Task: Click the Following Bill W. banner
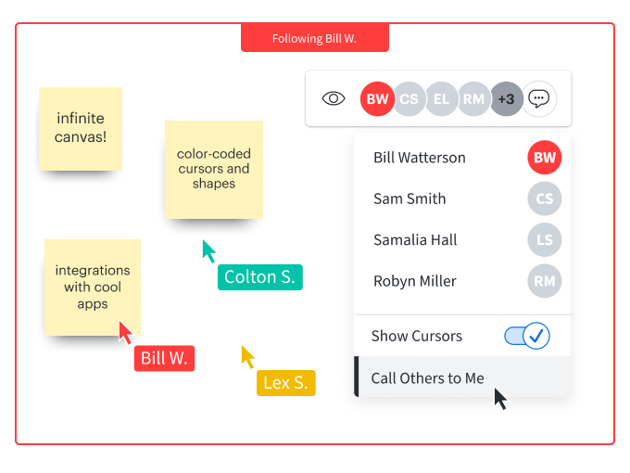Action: [314, 39]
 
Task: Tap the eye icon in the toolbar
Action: [334, 98]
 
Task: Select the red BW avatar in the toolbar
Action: [377, 98]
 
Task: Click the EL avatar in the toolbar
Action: [442, 98]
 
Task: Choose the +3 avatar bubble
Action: [506, 98]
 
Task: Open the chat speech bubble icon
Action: [539, 98]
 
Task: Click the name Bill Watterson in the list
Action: [420, 158]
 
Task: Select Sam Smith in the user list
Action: [409, 198]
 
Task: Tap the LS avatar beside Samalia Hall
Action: [545, 239]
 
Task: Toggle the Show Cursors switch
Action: [527, 336]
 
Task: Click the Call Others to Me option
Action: [427, 377]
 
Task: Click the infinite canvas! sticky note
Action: [81, 128]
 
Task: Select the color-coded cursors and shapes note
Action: [213, 170]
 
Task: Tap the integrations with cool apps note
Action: [93, 288]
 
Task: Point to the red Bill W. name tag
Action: [164, 358]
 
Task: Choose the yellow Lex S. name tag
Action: [286, 382]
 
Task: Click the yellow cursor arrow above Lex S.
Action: [248, 356]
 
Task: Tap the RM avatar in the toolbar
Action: [474, 98]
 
